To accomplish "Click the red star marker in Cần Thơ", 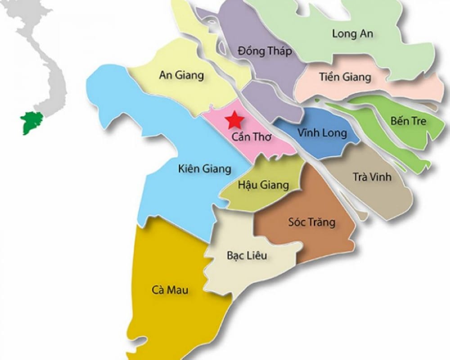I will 234,120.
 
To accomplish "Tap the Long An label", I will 352,33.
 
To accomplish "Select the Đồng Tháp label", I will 265,51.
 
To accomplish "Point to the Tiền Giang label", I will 345,77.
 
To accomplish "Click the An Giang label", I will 181,75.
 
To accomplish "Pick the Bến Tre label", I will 408,121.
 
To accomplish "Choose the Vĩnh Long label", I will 322,133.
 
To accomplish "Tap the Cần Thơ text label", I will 252,137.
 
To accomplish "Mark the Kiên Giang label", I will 204,169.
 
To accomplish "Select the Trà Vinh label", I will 372,177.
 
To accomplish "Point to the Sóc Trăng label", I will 311,222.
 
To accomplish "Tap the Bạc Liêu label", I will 247,256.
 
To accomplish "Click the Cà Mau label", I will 170,289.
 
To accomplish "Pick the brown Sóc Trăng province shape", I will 310,238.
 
